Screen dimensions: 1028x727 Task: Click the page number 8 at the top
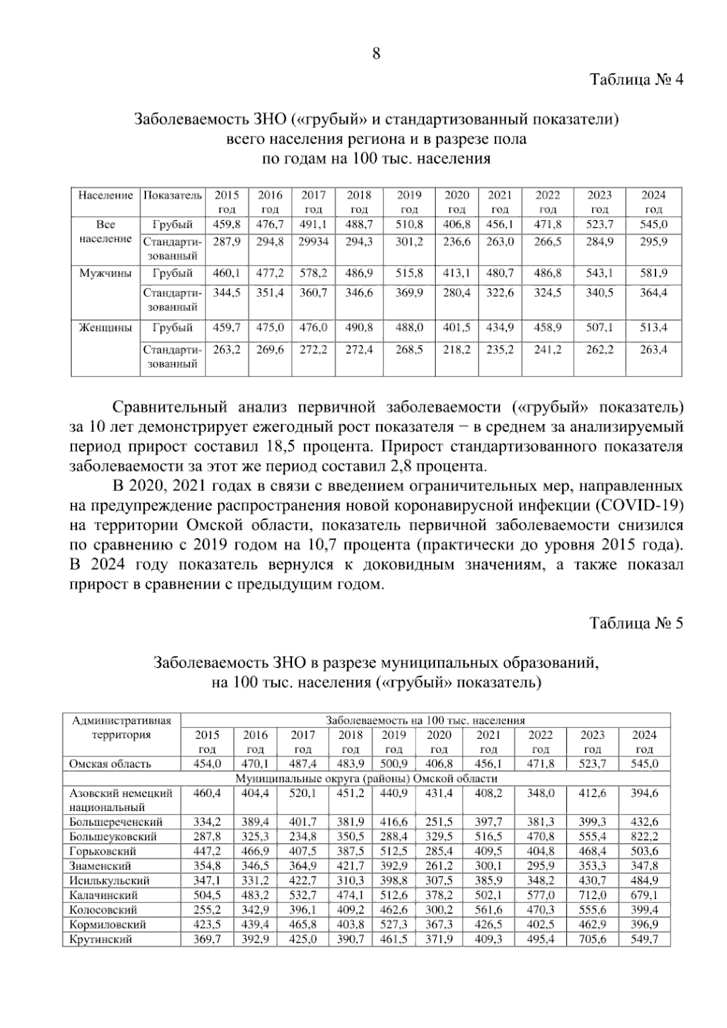pos(376,54)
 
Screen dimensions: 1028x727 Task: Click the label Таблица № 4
pos(637,80)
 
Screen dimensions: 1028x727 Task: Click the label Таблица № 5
pos(637,623)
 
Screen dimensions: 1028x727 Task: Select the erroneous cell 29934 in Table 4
pos(314,242)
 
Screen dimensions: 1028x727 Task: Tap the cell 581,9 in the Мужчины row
pos(654,273)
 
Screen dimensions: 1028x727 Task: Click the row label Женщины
pos(105,328)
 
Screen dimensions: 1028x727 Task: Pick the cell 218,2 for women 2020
pos(457,350)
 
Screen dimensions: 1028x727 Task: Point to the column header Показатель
pos(173,195)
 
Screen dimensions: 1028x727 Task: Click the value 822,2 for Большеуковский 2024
pos(644,836)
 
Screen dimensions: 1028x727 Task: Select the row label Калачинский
pos(104,895)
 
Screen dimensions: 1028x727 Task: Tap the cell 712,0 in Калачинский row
pos(593,895)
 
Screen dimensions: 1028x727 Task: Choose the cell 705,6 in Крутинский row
pos(593,939)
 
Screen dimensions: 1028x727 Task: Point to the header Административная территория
pos(121,727)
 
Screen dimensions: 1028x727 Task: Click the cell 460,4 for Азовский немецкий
pos(207,793)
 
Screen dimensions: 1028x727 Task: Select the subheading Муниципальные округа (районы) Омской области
pos(366,778)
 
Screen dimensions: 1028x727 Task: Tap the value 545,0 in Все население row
pos(654,224)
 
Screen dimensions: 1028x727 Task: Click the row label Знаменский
pos(100,866)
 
